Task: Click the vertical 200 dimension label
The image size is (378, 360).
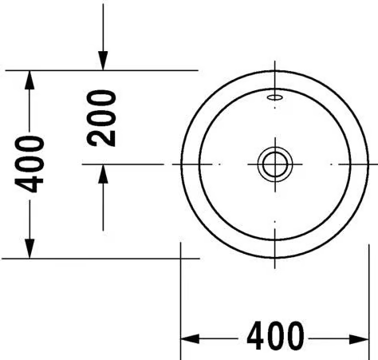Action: click(101, 118)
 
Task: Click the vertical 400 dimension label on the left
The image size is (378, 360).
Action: click(29, 164)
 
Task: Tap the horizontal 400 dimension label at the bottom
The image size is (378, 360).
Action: click(275, 335)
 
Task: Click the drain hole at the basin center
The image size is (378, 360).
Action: click(275, 164)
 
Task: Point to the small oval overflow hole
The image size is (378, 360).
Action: click(275, 97)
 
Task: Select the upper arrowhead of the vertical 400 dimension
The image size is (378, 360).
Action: click(30, 80)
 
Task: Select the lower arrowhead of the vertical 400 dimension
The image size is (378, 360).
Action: click(30, 249)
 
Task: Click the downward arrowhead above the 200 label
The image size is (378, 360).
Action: click(103, 61)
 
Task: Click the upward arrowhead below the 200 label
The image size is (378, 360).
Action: click(103, 174)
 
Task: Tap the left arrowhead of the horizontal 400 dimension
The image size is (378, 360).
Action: click(190, 339)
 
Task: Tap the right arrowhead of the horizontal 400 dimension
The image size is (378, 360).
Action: click(360, 339)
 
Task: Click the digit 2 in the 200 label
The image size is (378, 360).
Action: click(101, 137)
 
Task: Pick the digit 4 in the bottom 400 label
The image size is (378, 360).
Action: click(256, 335)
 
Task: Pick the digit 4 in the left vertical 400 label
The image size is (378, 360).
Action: click(29, 184)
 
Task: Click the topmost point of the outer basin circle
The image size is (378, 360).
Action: click(275, 71)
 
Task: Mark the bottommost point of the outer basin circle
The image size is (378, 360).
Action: click(275, 258)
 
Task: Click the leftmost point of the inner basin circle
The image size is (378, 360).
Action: click(199, 164)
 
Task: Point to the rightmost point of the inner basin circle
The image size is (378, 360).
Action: click(351, 164)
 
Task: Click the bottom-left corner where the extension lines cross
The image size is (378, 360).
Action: click(181, 258)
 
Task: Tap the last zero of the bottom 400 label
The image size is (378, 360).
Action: click(295, 335)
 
